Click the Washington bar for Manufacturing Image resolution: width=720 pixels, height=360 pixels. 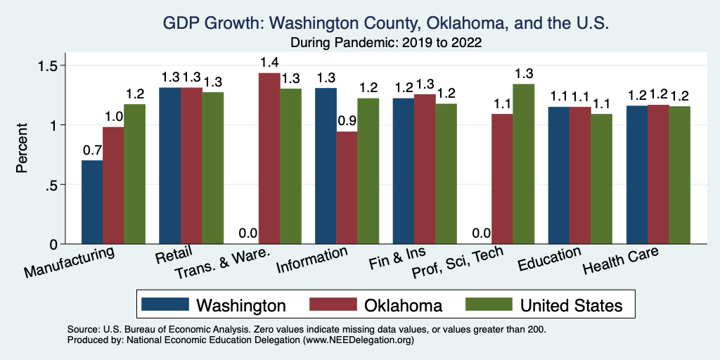pos(92,202)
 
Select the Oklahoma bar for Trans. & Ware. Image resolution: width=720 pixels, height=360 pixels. pos(269,158)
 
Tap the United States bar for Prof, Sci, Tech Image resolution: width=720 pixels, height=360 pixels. pos(524,164)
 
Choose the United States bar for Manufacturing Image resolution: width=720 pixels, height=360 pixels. pos(135,174)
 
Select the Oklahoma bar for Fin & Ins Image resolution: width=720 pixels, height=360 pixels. pos(425,169)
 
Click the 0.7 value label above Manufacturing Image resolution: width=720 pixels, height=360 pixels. pos(92,150)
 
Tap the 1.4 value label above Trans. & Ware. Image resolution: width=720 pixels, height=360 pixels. pos(269,63)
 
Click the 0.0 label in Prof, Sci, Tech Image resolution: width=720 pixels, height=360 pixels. pos(481,233)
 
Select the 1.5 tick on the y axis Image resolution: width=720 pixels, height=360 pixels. pos(48,65)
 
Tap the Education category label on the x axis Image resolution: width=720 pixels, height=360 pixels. pos(549,259)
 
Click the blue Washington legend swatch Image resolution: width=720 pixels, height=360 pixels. pos(165,305)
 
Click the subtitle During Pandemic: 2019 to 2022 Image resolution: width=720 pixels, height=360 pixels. pos(385,42)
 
